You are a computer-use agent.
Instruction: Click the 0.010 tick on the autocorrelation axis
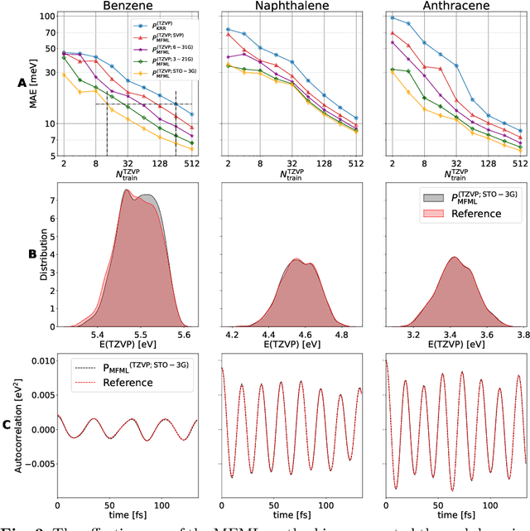click(x=37, y=362)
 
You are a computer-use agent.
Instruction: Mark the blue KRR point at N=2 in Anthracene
click(x=393, y=17)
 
